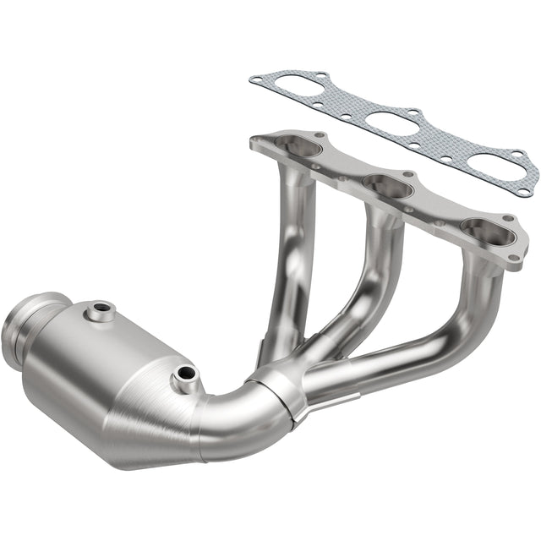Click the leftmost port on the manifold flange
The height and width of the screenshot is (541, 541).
click(x=297, y=146)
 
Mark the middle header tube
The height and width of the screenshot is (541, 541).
click(x=372, y=270)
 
